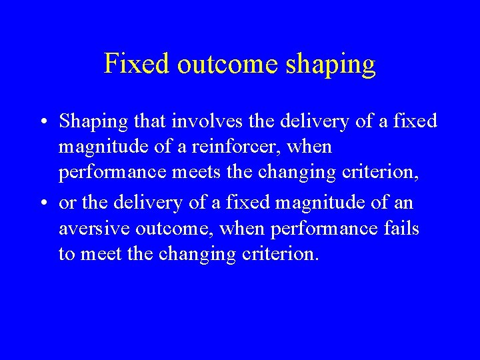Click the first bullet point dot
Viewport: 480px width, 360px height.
pos(42,122)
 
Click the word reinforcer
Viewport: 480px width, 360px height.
pos(251,147)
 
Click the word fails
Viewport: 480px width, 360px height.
pos(400,230)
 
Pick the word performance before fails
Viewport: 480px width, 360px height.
pos(323,230)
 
